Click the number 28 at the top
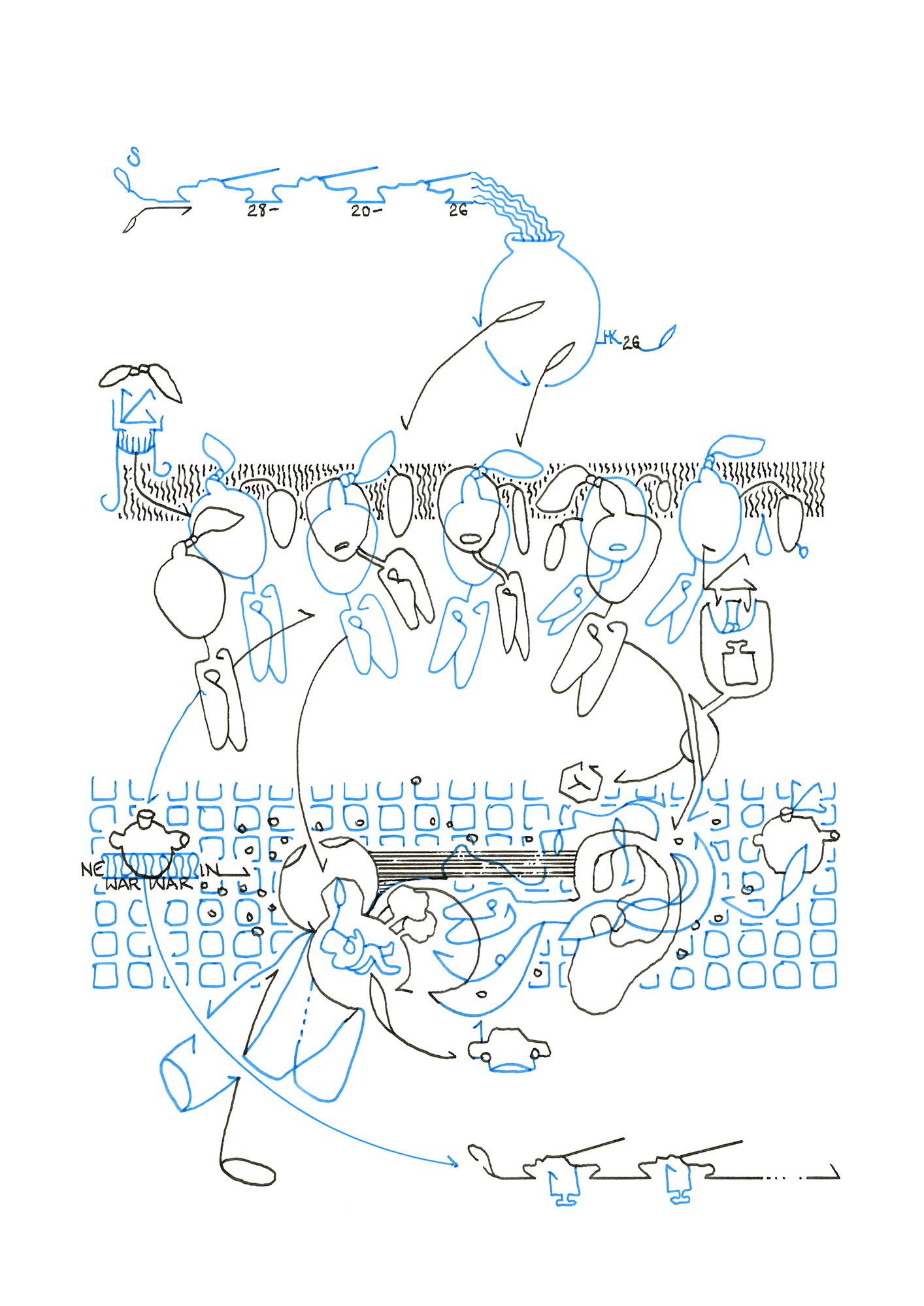click(x=256, y=211)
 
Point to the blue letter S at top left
click(x=133, y=156)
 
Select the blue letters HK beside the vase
click(x=611, y=338)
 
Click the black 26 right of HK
click(x=631, y=342)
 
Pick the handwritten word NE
click(x=92, y=870)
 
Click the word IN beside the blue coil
click(x=210, y=870)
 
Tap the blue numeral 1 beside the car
click(x=481, y=1032)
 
